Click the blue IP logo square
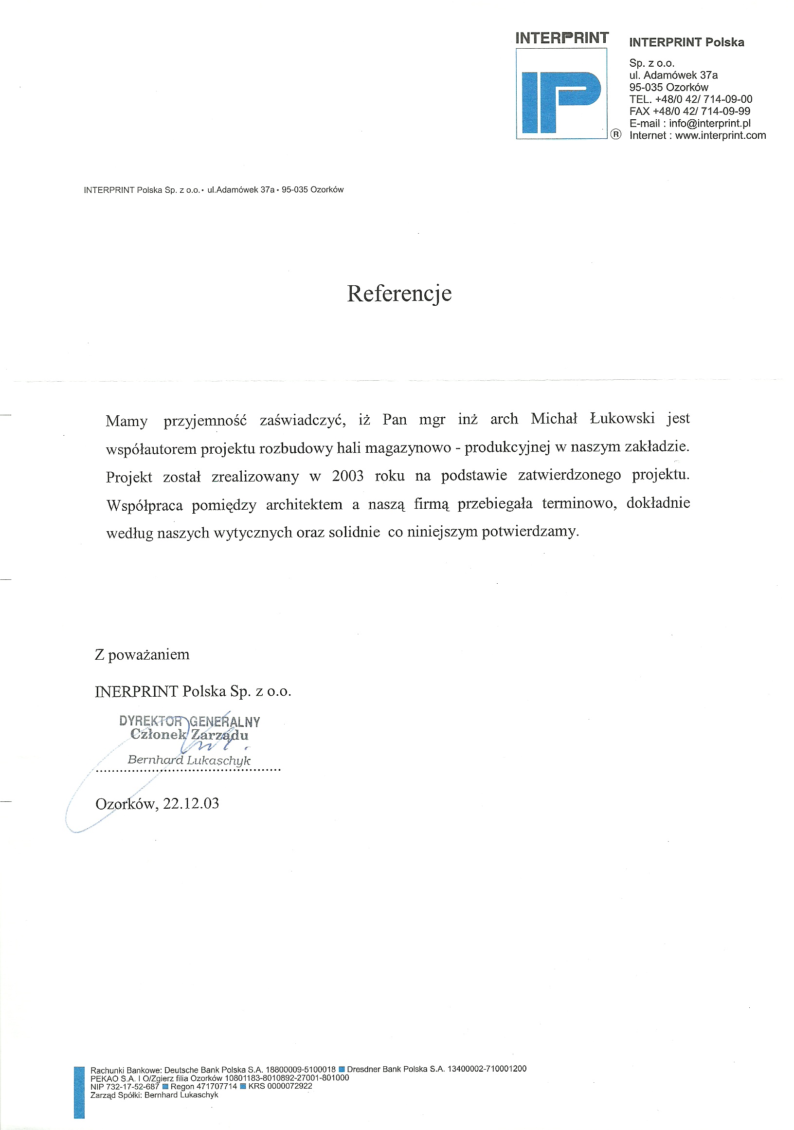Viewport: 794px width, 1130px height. pyautogui.click(x=561, y=93)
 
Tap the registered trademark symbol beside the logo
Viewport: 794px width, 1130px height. pyautogui.click(x=615, y=134)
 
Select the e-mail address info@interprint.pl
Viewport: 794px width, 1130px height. pyautogui.click(x=709, y=124)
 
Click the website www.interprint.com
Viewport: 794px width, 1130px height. pyautogui.click(x=720, y=135)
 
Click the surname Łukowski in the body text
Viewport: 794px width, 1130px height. pyautogui.click(x=622, y=418)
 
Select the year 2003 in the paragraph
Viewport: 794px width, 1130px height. pyautogui.click(x=347, y=476)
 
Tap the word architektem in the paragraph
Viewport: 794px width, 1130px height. pyautogui.click(x=304, y=504)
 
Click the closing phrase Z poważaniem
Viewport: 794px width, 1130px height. pyautogui.click(x=142, y=654)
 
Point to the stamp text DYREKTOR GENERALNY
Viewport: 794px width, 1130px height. pyautogui.click(x=189, y=722)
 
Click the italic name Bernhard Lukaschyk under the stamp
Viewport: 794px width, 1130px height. pyautogui.click(x=189, y=760)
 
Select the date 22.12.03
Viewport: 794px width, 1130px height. pyautogui.click(x=191, y=804)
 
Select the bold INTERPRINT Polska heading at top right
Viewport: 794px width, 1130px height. pyautogui.click(x=686, y=42)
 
